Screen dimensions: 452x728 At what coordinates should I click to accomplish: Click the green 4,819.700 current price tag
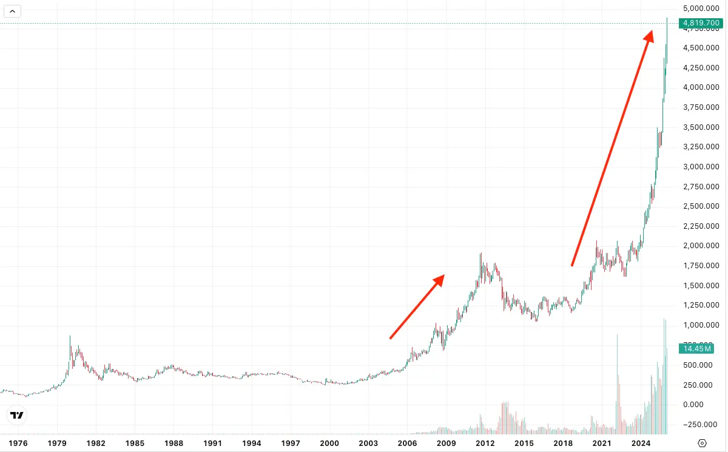coord(701,24)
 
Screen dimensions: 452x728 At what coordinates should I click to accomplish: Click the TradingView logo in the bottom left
coord(17,416)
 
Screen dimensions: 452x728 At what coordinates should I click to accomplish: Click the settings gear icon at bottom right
coord(703,443)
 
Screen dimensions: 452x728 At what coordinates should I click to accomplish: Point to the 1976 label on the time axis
coord(18,444)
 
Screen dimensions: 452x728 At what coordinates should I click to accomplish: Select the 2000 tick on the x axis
coord(329,444)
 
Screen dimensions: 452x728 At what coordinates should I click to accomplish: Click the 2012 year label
coord(485,444)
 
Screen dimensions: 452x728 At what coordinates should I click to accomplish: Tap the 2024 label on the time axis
coord(641,444)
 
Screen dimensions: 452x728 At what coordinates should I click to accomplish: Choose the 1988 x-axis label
coord(174,444)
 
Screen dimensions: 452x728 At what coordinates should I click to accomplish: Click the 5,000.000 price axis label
coord(701,8)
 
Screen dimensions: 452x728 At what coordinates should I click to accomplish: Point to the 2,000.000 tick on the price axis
coord(701,246)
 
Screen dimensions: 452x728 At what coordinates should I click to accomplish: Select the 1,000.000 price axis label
coord(701,325)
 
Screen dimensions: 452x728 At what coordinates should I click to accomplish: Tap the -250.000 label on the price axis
coord(701,425)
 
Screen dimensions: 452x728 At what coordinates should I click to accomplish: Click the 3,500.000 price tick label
coord(701,127)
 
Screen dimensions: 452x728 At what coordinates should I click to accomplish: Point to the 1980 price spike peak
coord(70,336)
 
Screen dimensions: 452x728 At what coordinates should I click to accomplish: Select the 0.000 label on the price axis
coord(701,405)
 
